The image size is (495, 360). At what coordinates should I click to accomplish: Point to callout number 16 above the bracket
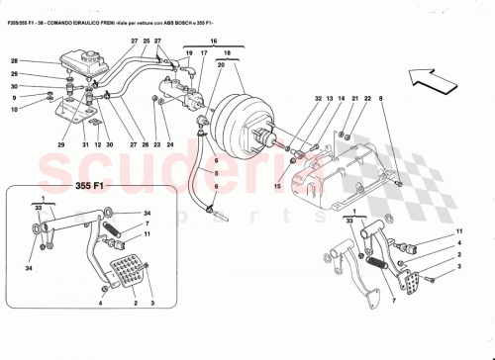[x=211, y=44]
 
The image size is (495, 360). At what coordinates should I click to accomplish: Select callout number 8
[x=378, y=101]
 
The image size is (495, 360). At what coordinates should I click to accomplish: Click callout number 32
[x=319, y=100]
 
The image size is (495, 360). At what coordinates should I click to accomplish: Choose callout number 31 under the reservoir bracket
[x=86, y=146]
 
